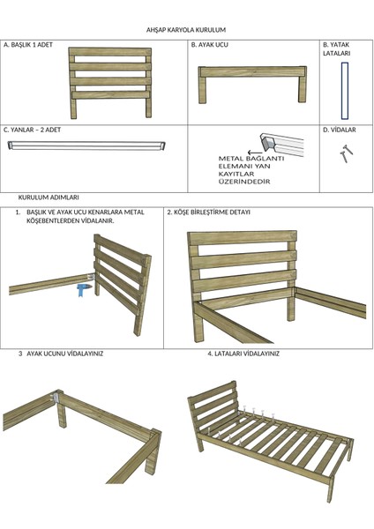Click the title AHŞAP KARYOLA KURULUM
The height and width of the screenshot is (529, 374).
coord(186,30)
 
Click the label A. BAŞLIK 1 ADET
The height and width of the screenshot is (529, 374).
coord(28,45)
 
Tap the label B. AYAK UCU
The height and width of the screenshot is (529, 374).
coord(210,45)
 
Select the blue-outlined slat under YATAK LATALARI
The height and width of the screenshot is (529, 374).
coord(345,91)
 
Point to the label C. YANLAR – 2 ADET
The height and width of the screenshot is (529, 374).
coord(32,130)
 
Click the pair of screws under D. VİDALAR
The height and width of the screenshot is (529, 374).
coord(346,153)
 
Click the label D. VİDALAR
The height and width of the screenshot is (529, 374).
coord(340,130)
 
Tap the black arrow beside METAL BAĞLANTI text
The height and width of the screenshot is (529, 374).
coord(254,153)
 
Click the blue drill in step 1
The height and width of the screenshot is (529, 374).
coord(83,290)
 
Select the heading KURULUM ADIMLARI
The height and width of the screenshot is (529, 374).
coord(49,197)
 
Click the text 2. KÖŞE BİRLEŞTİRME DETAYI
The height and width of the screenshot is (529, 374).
coord(209,212)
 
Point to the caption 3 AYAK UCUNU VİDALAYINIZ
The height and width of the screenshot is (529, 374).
coord(61,354)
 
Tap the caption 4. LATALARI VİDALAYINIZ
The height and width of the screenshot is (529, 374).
coord(243,354)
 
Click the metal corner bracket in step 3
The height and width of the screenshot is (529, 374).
coord(56,397)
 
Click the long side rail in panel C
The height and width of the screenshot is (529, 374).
coord(86,145)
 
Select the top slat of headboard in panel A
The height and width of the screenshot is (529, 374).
coord(110,52)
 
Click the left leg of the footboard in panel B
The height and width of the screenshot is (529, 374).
coord(202,89)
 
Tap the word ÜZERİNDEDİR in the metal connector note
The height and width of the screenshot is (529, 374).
coord(244,182)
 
